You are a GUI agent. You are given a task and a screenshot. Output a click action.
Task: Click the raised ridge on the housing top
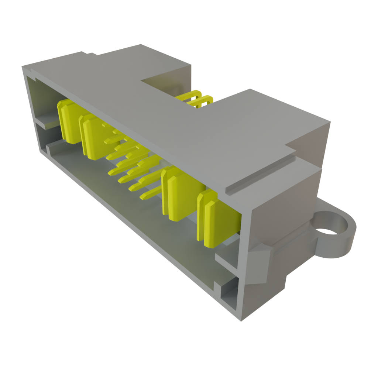click(x=260, y=173)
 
